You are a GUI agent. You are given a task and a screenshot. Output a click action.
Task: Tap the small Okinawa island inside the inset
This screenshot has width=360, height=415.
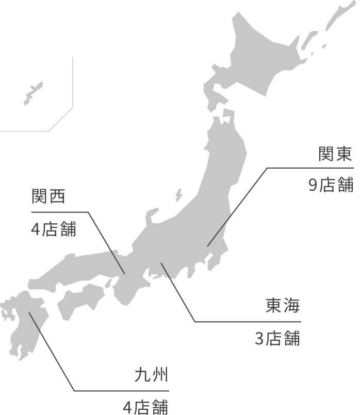[x=32, y=93]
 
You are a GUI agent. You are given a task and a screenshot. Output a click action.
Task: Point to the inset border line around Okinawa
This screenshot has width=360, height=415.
[x=72, y=82]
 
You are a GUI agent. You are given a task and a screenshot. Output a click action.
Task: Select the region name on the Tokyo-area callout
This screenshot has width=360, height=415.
[x=336, y=155]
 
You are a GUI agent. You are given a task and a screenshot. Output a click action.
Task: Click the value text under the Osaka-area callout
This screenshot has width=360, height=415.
[x=54, y=229]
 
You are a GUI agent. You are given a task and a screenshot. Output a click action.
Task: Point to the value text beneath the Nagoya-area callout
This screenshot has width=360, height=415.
[x=276, y=338]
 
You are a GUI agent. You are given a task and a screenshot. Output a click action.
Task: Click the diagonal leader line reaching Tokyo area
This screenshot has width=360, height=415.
[x=237, y=206]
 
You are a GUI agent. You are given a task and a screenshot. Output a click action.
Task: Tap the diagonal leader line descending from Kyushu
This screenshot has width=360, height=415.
[x=52, y=356]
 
